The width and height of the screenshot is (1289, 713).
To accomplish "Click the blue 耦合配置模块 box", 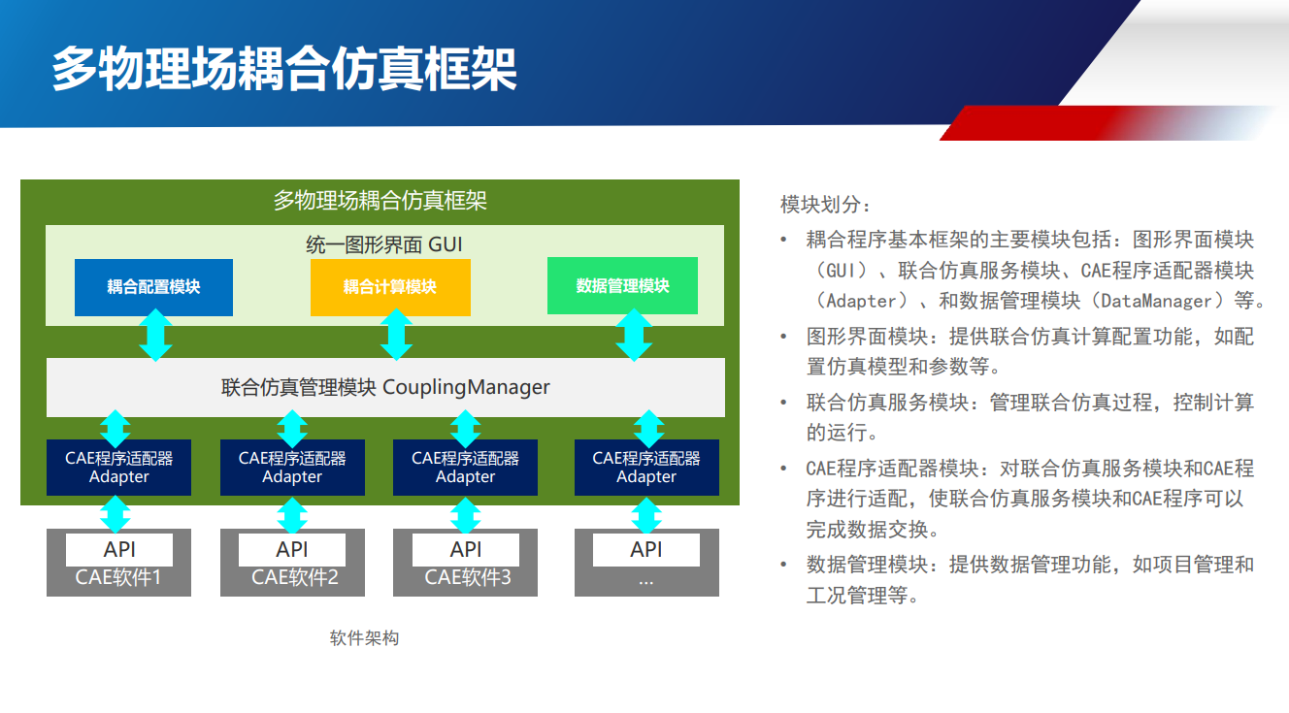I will [x=153, y=287].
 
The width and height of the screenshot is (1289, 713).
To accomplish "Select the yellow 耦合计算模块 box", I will [x=390, y=287].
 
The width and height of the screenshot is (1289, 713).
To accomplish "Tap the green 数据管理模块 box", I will [x=622, y=286].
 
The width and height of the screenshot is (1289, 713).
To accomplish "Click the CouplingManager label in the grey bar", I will [x=466, y=388].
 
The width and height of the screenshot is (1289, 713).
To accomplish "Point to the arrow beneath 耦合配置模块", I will [x=155, y=336].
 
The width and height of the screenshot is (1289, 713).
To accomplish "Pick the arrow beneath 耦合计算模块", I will [x=395, y=336].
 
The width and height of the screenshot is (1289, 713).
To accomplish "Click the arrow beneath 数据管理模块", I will [x=634, y=336].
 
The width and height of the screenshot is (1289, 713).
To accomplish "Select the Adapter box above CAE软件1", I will [x=118, y=468].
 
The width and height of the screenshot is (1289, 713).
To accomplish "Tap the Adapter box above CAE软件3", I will [x=465, y=468].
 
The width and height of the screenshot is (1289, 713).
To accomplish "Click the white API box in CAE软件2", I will [x=292, y=550].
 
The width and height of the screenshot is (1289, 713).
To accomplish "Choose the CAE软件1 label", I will [x=118, y=579].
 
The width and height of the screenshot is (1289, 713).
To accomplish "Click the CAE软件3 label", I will [x=467, y=579].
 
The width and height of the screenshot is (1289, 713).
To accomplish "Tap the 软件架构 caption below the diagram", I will [x=364, y=638].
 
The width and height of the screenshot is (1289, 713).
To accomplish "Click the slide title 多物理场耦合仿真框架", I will [x=283, y=69].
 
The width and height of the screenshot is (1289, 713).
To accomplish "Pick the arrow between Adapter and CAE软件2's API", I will [x=292, y=515].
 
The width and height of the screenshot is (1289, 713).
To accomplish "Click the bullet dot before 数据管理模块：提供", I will [x=784, y=565].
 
